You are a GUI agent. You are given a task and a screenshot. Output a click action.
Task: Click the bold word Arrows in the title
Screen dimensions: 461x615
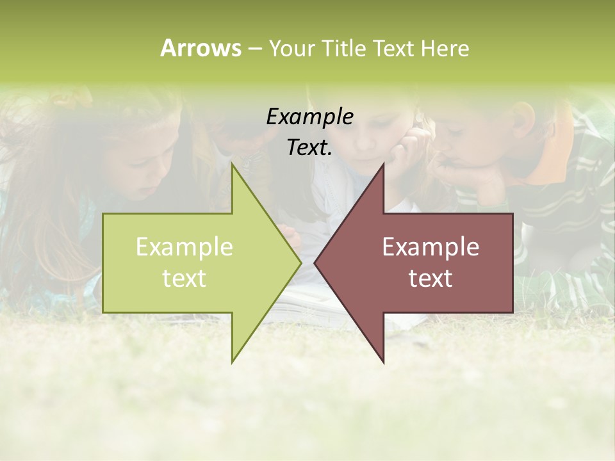point(201,48)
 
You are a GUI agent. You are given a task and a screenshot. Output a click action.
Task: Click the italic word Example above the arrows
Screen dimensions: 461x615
point(310,117)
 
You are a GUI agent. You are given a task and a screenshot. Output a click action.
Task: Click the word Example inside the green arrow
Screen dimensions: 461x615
point(184,247)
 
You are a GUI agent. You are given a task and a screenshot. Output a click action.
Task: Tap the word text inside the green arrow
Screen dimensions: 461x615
point(184,278)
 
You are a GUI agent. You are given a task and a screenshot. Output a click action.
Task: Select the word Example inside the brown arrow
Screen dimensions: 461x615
point(430,247)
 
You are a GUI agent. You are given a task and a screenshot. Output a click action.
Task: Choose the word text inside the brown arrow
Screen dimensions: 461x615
point(430,278)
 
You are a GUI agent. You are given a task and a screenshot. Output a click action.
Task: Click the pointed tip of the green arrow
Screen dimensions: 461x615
point(301,263)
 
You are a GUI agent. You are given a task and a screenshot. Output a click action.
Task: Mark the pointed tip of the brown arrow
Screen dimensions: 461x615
point(315,263)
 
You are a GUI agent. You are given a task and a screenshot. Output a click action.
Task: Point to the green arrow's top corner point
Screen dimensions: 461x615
point(233,165)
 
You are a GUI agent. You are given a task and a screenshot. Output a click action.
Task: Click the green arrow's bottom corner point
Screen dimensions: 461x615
point(233,362)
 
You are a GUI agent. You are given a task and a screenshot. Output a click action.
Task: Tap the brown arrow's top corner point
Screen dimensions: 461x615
point(383,165)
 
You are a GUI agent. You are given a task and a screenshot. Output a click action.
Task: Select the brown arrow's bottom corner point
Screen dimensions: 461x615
point(384,362)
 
